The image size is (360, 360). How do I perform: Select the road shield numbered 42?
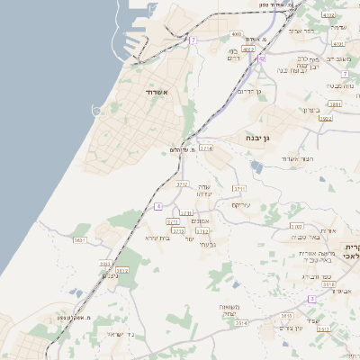coord(261,58)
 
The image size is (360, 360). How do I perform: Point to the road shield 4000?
coord(237,34)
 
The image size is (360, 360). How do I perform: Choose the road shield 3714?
coord(206,148)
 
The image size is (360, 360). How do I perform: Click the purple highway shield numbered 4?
coord(157,206)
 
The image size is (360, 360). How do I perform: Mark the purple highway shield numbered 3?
coord(311,298)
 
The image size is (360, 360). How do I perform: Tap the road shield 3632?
coord(122,270)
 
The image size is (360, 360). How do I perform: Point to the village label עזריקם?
coord(241,204)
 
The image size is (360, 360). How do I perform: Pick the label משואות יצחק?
coord(227,310)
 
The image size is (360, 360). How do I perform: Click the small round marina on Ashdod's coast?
coord(97,109)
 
